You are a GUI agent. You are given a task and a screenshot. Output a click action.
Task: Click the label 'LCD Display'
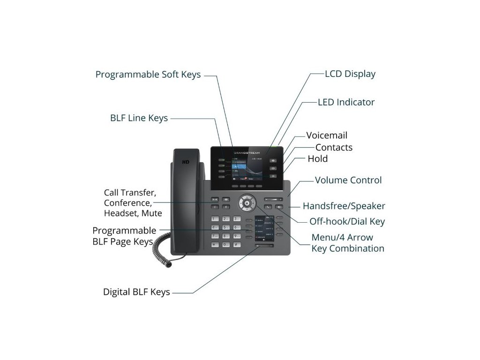tap(350, 74)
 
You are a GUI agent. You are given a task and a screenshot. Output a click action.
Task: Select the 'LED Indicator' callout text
tap(346, 102)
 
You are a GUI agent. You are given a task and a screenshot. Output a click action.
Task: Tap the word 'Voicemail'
tap(327, 135)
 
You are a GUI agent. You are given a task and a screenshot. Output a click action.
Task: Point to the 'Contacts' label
tap(334, 147)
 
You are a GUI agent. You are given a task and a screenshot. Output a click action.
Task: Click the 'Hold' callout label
tap(317, 158)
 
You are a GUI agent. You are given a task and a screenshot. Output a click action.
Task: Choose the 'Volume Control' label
tap(348, 180)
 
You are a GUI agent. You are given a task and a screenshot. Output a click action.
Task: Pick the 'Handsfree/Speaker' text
tap(344, 206)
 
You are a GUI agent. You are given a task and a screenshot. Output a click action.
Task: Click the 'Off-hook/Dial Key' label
tap(347, 221)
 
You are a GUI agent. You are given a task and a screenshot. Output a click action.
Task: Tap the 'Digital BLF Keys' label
tap(136, 292)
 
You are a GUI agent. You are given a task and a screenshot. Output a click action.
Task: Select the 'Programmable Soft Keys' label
tap(148, 75)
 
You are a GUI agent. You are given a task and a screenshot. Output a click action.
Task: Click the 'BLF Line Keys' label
tap(139, 118)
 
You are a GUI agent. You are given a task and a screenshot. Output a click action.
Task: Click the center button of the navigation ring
tap(247, 203)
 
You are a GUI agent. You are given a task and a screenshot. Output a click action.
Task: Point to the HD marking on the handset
tap(186, 162)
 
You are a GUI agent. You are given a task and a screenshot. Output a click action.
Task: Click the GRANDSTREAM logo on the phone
tap(247, 153)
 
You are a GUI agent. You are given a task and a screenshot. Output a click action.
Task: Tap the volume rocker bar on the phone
tap(273, 200)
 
